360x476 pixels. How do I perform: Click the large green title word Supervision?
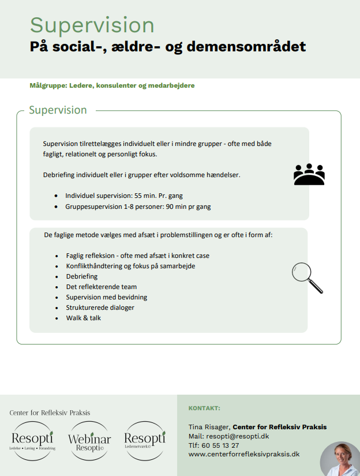point(92,25)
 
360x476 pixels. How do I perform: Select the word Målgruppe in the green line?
point(48,85)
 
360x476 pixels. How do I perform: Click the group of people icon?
point(309,174)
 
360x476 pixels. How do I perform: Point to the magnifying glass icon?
point(306,278)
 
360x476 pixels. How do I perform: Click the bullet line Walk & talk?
point(83,318)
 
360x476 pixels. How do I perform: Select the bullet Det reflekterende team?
point(101,287)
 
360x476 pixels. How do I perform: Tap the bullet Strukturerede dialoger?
point(100,308)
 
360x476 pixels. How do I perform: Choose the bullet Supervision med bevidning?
point(106,297)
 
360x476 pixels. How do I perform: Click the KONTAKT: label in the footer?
point(204,408)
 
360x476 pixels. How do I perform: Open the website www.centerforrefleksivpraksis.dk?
point(244,455)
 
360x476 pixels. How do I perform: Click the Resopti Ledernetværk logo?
point(145,440)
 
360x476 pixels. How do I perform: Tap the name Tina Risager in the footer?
point(208,427)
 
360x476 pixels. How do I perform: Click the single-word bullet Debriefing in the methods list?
point(81,276)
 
